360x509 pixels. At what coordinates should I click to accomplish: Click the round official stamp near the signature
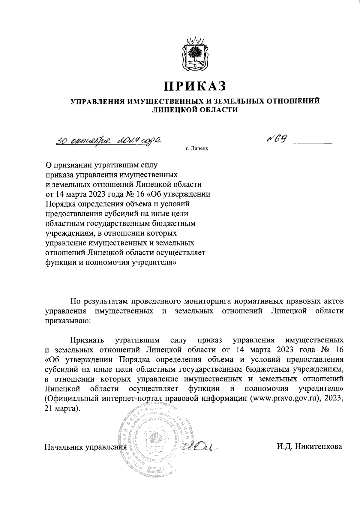pyautogui.click(x=155, y=439)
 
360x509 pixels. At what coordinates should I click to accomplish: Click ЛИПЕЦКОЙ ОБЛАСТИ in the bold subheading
pyautogui.click(x=195, y=110)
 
